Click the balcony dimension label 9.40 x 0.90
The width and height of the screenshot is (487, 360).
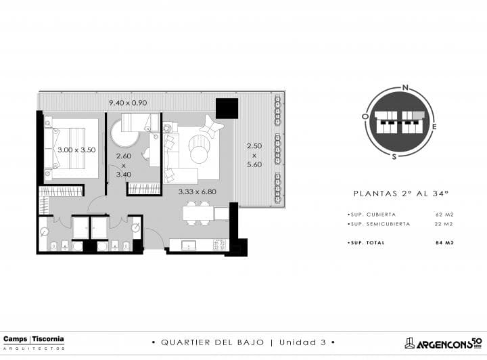[x=128, y=103]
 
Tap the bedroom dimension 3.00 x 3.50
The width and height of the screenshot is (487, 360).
[x=76, y=150]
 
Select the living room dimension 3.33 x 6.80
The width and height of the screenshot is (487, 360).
[x=198, y=192]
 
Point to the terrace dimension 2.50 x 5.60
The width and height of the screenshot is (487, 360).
[x=254, y=155]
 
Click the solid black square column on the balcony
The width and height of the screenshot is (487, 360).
[x=227, y=108]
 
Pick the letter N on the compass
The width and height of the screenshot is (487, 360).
[x=405, y=87]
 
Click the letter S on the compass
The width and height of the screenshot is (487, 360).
[x=394, y=156]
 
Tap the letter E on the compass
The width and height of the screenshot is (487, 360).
[x=434, y=127]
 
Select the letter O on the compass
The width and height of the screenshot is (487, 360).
[x=365, y=116]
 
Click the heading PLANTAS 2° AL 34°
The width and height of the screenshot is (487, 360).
[x=401, y=194]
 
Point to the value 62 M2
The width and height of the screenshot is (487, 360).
[x=445, y=215]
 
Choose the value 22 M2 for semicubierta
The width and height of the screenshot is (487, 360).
[x=444, y=224]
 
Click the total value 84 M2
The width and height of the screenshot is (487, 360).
[x=445, y=242]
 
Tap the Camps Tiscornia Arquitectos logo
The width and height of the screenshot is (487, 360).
[x=34, y=342]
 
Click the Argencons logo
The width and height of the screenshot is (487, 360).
[x=443, y=343]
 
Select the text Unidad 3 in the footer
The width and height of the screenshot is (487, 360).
[x=302, y=342]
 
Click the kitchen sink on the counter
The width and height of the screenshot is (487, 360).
[x=189, y=245]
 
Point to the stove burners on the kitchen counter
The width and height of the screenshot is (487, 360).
[x=219, y=244]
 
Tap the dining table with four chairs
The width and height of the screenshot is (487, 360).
[x=198, y=213]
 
